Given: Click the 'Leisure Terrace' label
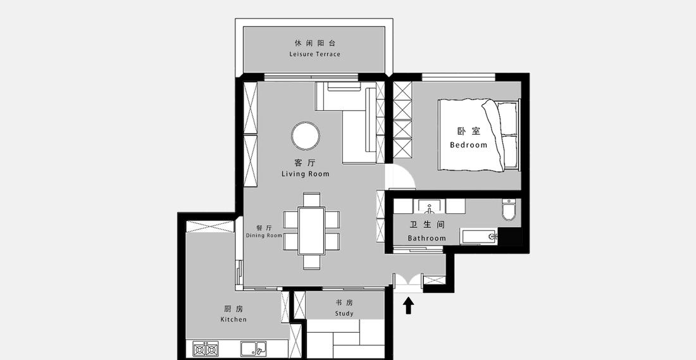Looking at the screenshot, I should pyautogui.click(x=314, y=54).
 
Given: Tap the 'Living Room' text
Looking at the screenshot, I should pyautogui.click(x=305, y=174).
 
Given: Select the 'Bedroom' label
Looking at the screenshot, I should pyautogui.click(x=469, y=145).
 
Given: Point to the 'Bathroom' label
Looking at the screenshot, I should pyautogui.click(x=426, y=239).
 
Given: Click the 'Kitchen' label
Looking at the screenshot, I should pyautogui.click(x=233, y=320).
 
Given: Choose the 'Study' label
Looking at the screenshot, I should pyautogui.click(x=344, y=314).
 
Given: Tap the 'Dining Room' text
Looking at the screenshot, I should pyautogui.click(x=264, y=236).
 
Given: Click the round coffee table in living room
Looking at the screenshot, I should pyautogui.click(x=306, y=136).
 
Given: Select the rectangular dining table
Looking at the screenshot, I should pyautogui.click(x=311, y=230).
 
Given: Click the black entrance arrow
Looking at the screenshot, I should pyautogui.click(x=408, y=306).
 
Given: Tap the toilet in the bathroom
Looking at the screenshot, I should pyautogui.click(x=509, y=210).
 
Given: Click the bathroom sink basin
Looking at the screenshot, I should pyautogui.click(x=431, y=207).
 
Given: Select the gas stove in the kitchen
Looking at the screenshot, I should pyautogui.click(x=206, y=349).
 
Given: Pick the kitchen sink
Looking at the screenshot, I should pyautogui.click(x=254, y=349).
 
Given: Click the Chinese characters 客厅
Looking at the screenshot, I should pyautogui.click(x=304, y=163).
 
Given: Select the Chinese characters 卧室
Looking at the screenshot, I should pyautogui.click(x=469, y=132).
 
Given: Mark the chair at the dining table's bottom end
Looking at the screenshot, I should pyautogui.click(x=311, y=261).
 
